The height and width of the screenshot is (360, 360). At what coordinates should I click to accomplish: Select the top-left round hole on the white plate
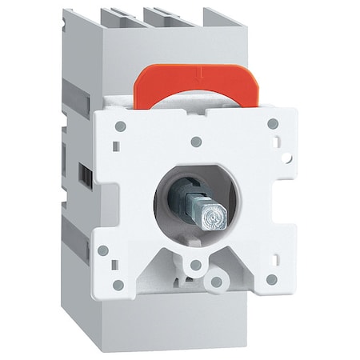(x=119, y=126)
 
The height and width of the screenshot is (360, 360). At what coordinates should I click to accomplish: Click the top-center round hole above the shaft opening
(x=196, y=142)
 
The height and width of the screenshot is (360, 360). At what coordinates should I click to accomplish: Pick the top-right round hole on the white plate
(x=273, y=124)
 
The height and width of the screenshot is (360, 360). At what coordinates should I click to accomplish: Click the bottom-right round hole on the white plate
(x=272, y=279)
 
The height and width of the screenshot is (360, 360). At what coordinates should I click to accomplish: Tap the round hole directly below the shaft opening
(x=194, y=264)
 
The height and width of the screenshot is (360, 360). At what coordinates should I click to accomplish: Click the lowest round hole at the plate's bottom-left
(x=118, y=285)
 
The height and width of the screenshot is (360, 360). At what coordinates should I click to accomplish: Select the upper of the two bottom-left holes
(x=103, y=250)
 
